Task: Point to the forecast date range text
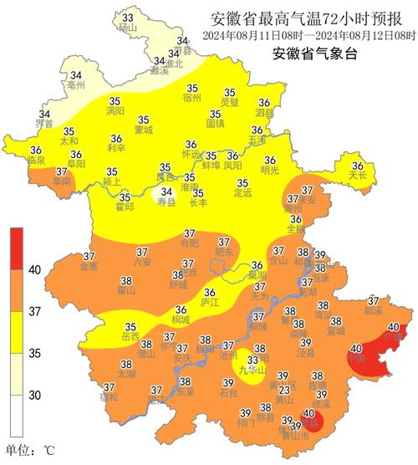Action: click(x=309, y=36)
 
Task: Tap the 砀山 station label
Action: click(x=127, y=28)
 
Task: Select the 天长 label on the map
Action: click(x=358, y=176)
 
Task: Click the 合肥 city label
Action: click(x=190, y=244)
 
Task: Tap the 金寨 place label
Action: click(x=89, y=267)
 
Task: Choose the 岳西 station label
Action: click(x=130, y=337)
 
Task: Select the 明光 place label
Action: click(x=270, y=171)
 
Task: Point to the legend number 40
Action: click(x=36, y=269)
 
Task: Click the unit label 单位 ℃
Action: click(x=30, y=451)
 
